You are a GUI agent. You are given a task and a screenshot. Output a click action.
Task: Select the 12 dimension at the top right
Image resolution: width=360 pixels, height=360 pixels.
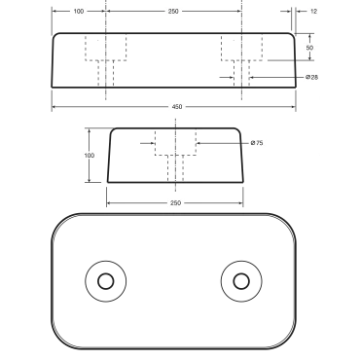313,11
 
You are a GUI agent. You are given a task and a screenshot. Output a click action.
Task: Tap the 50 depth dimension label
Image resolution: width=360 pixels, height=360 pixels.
308,47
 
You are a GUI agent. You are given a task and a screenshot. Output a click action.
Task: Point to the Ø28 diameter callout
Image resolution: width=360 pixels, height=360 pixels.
311,77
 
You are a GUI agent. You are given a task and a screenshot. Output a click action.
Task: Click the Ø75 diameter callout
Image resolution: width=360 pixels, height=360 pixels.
258,144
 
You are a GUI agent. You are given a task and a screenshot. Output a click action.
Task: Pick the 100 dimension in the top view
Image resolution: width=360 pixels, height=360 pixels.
79,11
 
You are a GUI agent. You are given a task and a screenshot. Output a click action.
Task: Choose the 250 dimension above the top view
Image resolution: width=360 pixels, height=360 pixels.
173,11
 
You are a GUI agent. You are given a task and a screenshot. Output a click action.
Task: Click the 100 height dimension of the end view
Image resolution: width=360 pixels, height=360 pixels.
90,156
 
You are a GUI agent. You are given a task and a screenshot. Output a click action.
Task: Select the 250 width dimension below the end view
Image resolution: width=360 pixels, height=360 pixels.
175,202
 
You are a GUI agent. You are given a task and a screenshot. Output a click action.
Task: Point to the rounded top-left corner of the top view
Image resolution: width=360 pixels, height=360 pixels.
56,37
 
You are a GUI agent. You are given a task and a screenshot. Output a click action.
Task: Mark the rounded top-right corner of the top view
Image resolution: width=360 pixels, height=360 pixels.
295,37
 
